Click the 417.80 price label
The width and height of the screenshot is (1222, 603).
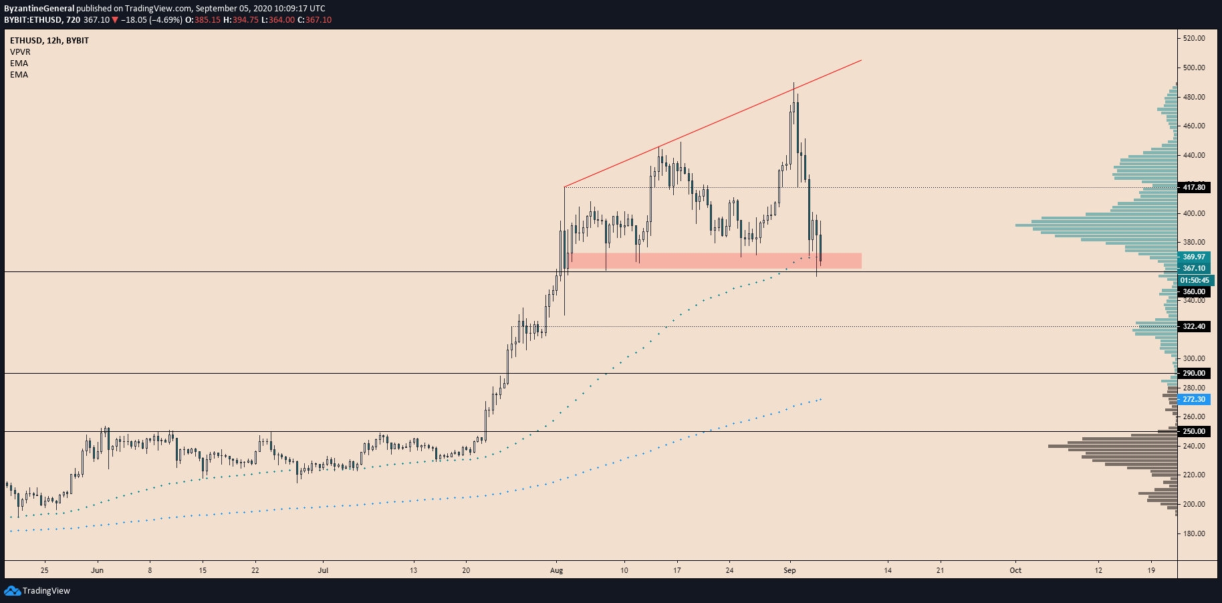click(1194, 187)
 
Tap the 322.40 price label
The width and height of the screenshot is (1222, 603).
click(1194, 327)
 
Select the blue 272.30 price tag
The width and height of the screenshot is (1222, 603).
click(1194, 400)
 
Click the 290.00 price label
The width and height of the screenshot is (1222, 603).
click(1194, 374)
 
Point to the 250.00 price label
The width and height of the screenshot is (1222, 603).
click(1194, 432)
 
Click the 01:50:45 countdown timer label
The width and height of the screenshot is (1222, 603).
click(1195, 281)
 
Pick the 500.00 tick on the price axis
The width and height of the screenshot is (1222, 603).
click(1194, 68)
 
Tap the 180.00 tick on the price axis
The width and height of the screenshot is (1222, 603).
click(1194, 533)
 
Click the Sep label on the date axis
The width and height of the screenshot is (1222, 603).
click(789, 570)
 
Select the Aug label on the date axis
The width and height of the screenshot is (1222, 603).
click(556, 570)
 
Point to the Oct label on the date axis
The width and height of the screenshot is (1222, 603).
click(1015, 570)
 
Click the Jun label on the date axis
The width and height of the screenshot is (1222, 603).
click(97, 570)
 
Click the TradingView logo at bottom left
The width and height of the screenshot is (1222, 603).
click(37, 591)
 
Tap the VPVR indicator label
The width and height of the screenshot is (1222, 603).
click(20, 52)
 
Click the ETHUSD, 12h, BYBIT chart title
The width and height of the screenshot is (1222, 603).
click(49, 41)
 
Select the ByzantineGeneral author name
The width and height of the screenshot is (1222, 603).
click(39, 9)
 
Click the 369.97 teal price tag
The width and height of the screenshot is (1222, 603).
click(1194, 257)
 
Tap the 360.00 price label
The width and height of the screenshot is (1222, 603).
click(1194, 292)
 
